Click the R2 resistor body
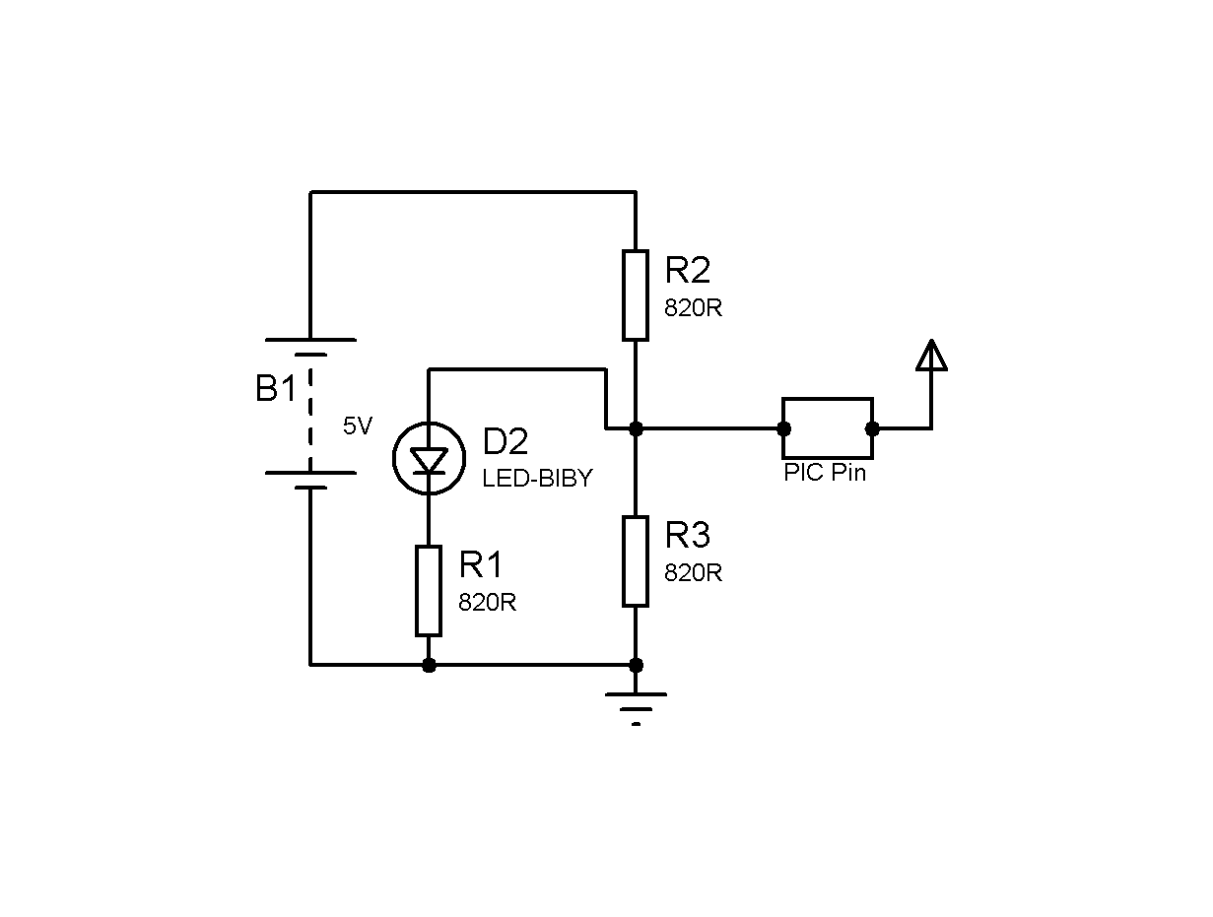coord(635,295)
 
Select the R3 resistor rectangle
coord(635,561)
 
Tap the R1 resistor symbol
coord(429,591)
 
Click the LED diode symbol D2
coord(429,458)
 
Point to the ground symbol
coord(636,709)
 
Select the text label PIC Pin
coord(825,473)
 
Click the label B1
coord(276,388)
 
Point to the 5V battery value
coord(358,426)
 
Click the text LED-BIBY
coord(537,478)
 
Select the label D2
coord(505,441)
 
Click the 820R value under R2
coord(693,307)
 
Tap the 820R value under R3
coord(693,573)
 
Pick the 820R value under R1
coord(487,602)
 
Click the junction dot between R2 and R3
coord(636,428)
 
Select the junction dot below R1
coord(429,665)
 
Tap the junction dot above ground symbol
coord(636,665)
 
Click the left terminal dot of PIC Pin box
coord(783,428)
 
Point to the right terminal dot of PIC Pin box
coord(872,428)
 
